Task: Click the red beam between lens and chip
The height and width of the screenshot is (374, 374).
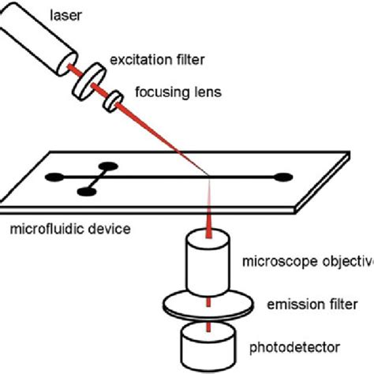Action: click(166, 137)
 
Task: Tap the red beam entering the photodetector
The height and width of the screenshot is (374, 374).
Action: click(208, 324)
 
